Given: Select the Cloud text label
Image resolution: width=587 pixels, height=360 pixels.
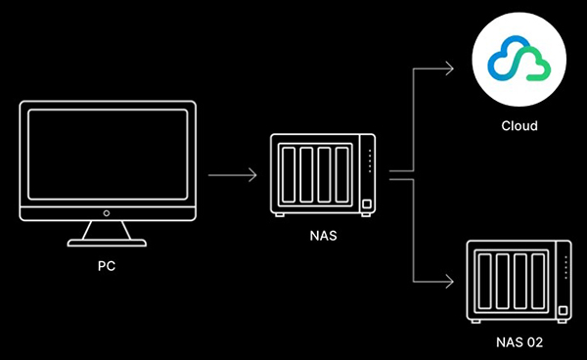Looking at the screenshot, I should (519, 126).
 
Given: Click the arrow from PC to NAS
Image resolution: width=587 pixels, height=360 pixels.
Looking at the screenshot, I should (232, 176).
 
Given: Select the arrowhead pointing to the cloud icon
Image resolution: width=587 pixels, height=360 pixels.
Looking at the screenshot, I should (449, 67).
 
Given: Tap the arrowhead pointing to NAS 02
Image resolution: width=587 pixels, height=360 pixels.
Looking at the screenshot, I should (449, 284).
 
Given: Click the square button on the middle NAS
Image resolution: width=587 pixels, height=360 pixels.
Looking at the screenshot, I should (367, 203).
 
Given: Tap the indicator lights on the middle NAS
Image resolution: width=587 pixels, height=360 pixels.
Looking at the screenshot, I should (369, 162).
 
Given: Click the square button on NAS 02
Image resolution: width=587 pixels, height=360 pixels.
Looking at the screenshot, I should (564, 313).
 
